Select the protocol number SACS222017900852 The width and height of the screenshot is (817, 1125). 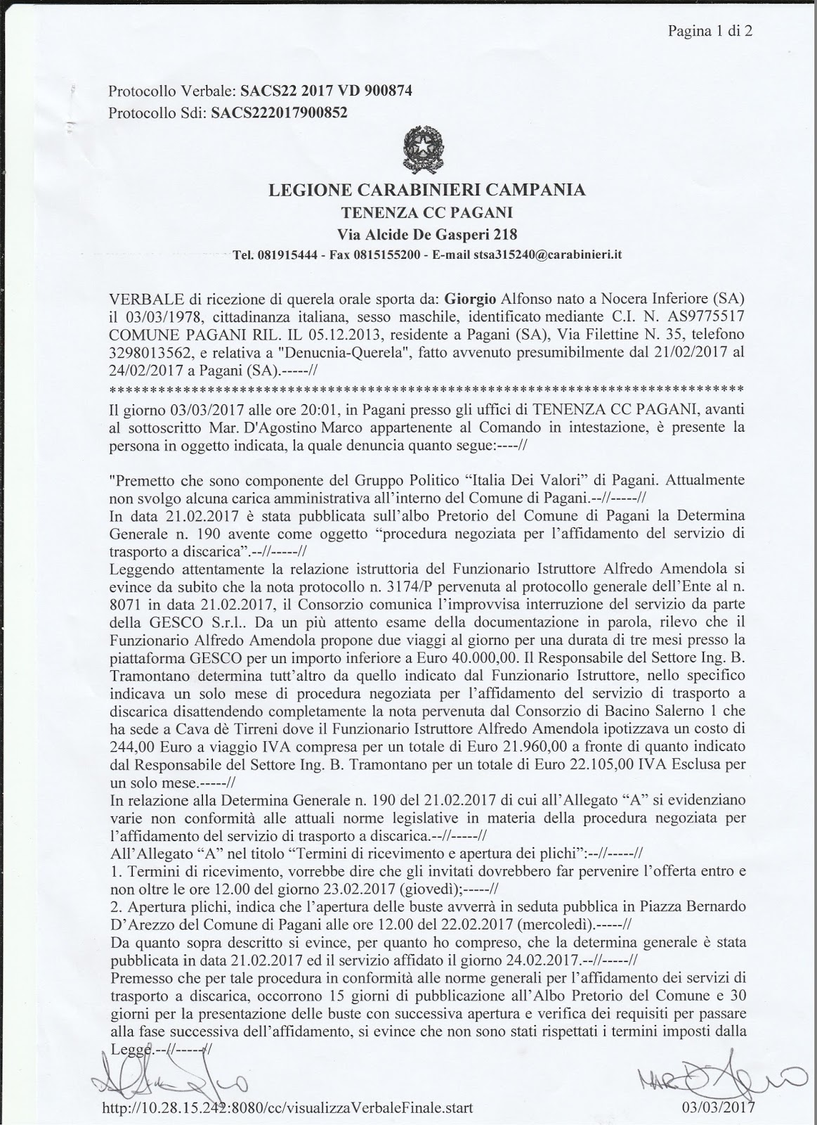279,112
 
